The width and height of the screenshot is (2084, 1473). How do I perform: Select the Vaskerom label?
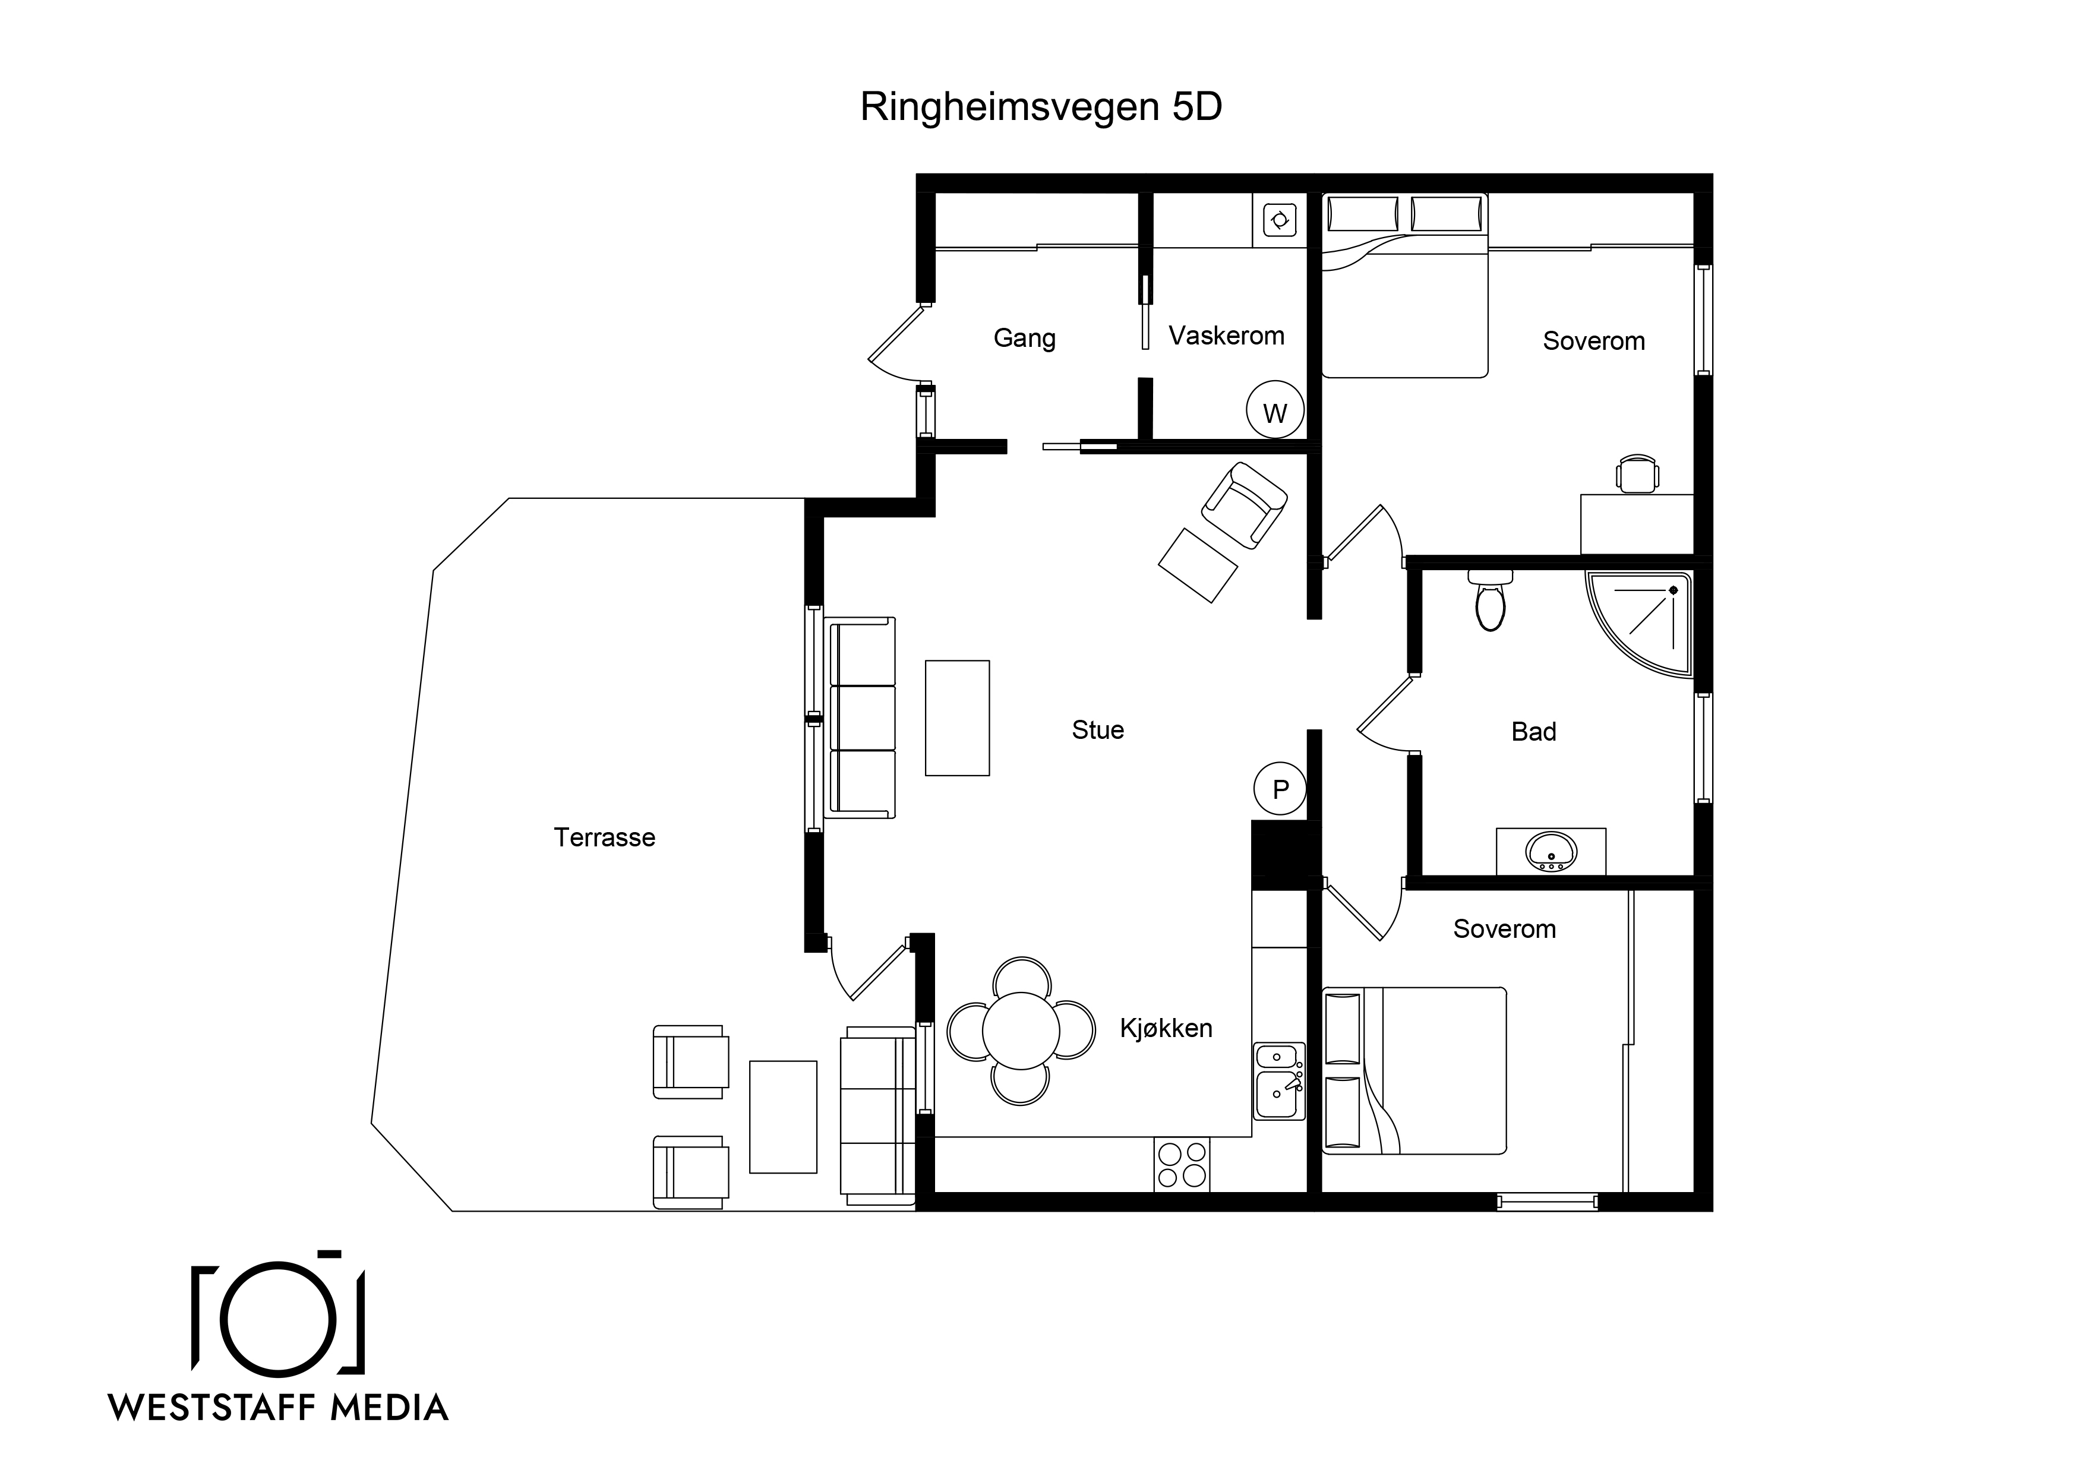click(x=1226, y=336)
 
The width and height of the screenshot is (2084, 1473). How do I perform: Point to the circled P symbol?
click(x=1280, y=789)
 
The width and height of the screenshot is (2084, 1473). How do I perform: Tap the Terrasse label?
click(x=605, y=837)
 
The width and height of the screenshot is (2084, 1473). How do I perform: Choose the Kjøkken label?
click(x=1166, y=1028)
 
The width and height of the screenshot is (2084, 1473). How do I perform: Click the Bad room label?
click(x=1534, y=732)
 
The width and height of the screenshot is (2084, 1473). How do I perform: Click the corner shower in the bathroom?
click(x=1639, y=624)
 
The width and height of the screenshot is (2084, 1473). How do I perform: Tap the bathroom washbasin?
click(x=1551, y=851)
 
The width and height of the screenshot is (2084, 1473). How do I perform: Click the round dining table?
click(x=1021, y=1030)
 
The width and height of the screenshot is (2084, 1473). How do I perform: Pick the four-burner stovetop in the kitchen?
click(x=1182, y=1164)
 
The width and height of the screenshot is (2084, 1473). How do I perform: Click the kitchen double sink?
click(x=1280, y=1081)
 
